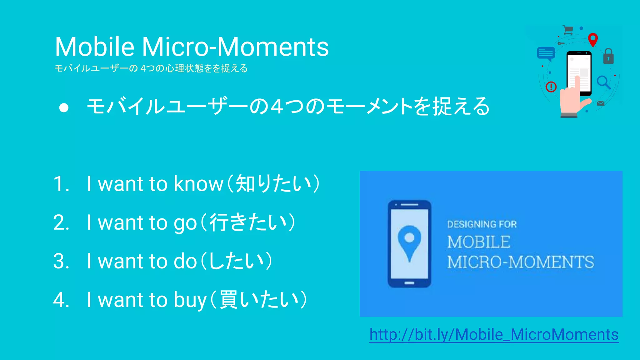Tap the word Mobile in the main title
(x=95, y=47)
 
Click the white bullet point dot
(x=64, y=107)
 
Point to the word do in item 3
(x=185, y=261)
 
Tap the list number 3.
(x=61, y=261)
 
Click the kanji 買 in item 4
(x=228, y=299)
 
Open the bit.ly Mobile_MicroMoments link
(x=494, y=334)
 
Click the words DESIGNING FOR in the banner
(x=482, y=224)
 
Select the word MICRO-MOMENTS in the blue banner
(x=520, y=262)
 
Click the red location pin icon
(x=593, y=39)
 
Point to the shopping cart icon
(x=568, y=30)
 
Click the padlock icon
(x=608, y=57)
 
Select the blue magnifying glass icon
(x=603, y=82)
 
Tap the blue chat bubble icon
(x=546, y=53)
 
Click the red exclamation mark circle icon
(x=551, y=87)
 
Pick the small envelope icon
(x=600, y=103)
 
